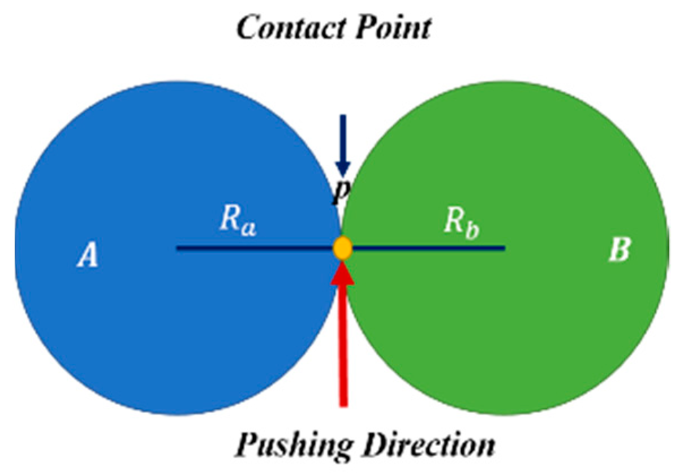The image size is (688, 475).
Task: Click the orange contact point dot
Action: coord(342,248)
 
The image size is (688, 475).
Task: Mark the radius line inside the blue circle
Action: coord(255,248)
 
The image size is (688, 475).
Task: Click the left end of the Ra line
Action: coord(178,248)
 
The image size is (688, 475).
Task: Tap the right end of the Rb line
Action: coord(504,248)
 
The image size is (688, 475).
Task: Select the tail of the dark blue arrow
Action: coord(342,118)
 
